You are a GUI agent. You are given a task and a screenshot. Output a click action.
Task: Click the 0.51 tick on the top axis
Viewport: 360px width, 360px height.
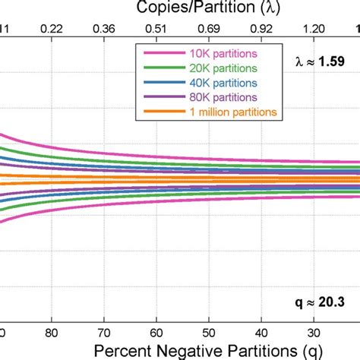click(x=156, y=27)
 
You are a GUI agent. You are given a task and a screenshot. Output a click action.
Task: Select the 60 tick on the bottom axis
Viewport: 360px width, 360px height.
click(x=156, y=331)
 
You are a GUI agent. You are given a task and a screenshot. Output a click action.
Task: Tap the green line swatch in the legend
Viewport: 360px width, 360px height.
click(x=158, y=68)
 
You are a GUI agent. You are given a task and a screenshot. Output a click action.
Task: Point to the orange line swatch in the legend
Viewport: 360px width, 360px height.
click(x=158, y=112)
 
